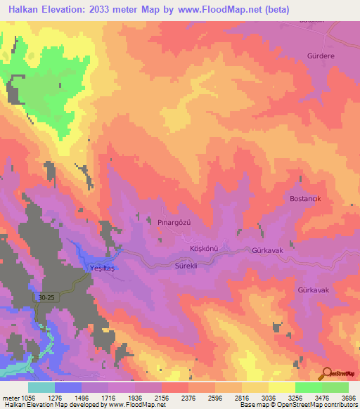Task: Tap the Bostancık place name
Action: pyautogui.click(x=305, y=199)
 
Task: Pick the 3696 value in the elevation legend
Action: pyautogui.click(x=349, y=397)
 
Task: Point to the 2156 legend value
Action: pyautogui.click(x=162, y=397)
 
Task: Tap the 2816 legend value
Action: pyautogui.click(x=241, y=397)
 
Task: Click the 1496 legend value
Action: pyautogui.click(x=82, y=397)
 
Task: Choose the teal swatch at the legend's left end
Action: pyautogui.click(x=41, y=387)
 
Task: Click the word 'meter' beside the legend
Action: pyautogui.click(x=11, y=397)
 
